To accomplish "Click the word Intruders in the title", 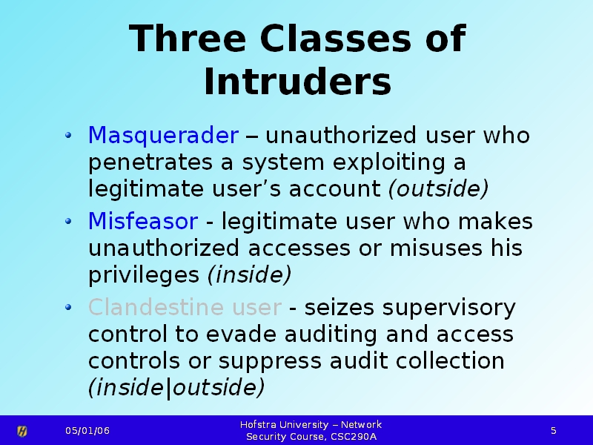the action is [x=298, y=82].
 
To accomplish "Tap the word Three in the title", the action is [x=188, y=39].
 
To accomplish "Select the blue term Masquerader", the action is [x=163, y=136].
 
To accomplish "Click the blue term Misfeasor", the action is [x=143, y=221].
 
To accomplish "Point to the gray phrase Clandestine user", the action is [x=185, y=307].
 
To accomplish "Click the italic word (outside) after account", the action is [x=439, y=188].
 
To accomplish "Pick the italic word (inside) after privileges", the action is [x=250, y=274].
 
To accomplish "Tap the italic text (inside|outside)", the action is [x=176, y=387].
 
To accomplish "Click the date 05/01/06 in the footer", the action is [x=87, y=431].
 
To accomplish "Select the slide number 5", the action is [x=553, y=431].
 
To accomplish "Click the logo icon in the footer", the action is [x=22, y=431].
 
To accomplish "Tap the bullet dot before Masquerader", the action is [x=68, y=135].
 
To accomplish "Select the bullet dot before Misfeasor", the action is [x=68, y=221].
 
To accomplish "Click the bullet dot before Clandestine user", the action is [x=68, y=307].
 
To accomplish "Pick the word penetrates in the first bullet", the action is [x=150, y=162].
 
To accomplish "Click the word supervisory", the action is [x=449, y=308].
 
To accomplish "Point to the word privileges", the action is [x=144, y=275].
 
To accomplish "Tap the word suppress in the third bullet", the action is [x=270, y=362].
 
